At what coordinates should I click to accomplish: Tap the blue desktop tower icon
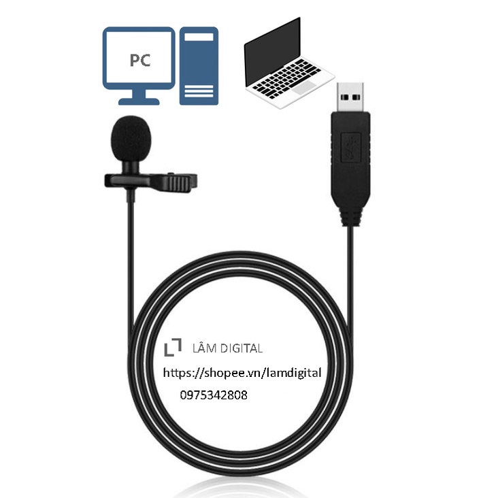coord(198,66)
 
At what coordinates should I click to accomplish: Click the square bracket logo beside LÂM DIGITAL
coord(173,347)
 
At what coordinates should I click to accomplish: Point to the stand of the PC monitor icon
coord(139,98)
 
